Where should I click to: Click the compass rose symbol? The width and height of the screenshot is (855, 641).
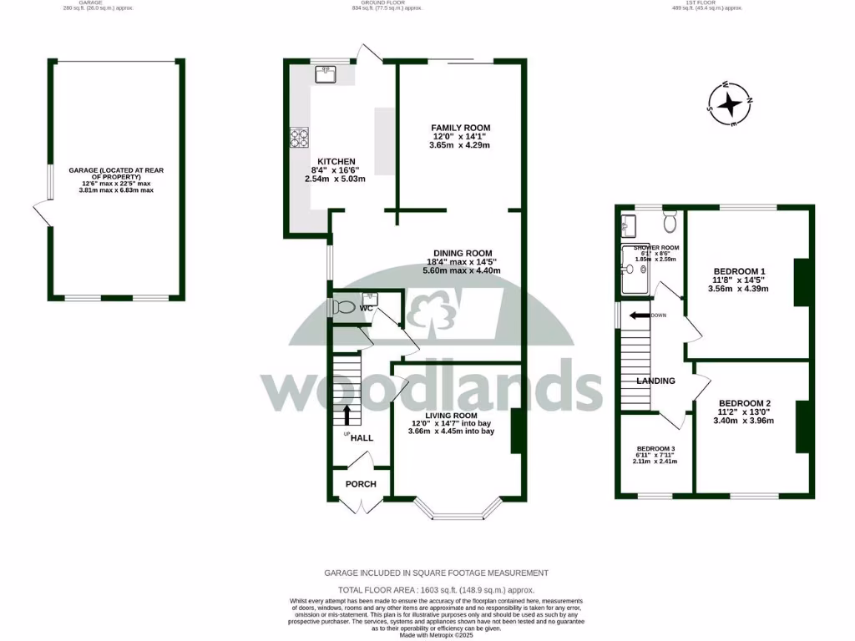pos(731,103)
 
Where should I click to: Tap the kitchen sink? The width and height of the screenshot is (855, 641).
pos(326,75)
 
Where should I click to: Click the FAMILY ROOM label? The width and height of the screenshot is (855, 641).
pos(461,128)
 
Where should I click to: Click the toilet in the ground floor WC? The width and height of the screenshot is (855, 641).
pos(342,307)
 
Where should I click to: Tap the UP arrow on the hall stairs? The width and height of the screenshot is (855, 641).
pos(347,415)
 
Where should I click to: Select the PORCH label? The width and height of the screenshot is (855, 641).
pos(361,484)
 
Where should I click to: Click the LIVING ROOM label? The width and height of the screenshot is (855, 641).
pos(451,416)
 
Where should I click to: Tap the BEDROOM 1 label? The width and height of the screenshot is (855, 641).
pos(739,271)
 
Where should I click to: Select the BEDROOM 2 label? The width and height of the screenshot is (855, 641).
pos(745,403)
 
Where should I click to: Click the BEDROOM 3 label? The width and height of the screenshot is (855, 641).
pos(655,447)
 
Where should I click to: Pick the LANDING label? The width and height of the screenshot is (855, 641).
pos(655,381)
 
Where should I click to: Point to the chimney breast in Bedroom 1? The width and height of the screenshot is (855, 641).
pos(802,283)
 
